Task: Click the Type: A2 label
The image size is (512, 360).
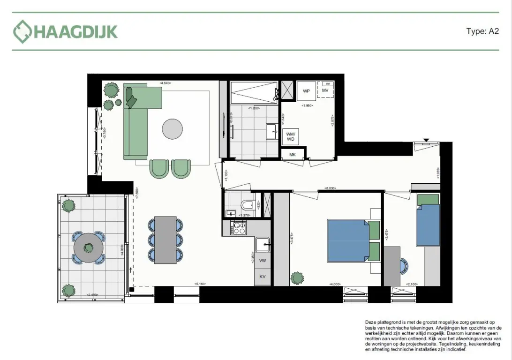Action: [x=482, y=31]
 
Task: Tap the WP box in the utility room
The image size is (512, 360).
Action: [x=306, y=90]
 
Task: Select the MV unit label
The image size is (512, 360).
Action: [x=325, y=90]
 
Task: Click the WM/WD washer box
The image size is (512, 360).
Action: [x=291, y=136]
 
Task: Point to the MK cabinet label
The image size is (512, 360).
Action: [x=292, y=154]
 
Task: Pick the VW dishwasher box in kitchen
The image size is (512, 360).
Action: [x=263, y=261]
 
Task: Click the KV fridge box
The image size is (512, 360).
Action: [x=263, y=277]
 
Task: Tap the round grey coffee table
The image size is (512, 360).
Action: [x=173, y=128]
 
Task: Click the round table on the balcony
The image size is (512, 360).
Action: [x=88, y=247]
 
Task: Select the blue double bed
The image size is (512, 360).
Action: [x=347, y=240]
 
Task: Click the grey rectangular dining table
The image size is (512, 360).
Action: [x=165, y=240]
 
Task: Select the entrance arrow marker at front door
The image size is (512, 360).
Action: [x=426, y=140]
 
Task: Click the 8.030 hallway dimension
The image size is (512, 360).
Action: [x=331, y=188]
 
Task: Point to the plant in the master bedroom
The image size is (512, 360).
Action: [x=297, y=278]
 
